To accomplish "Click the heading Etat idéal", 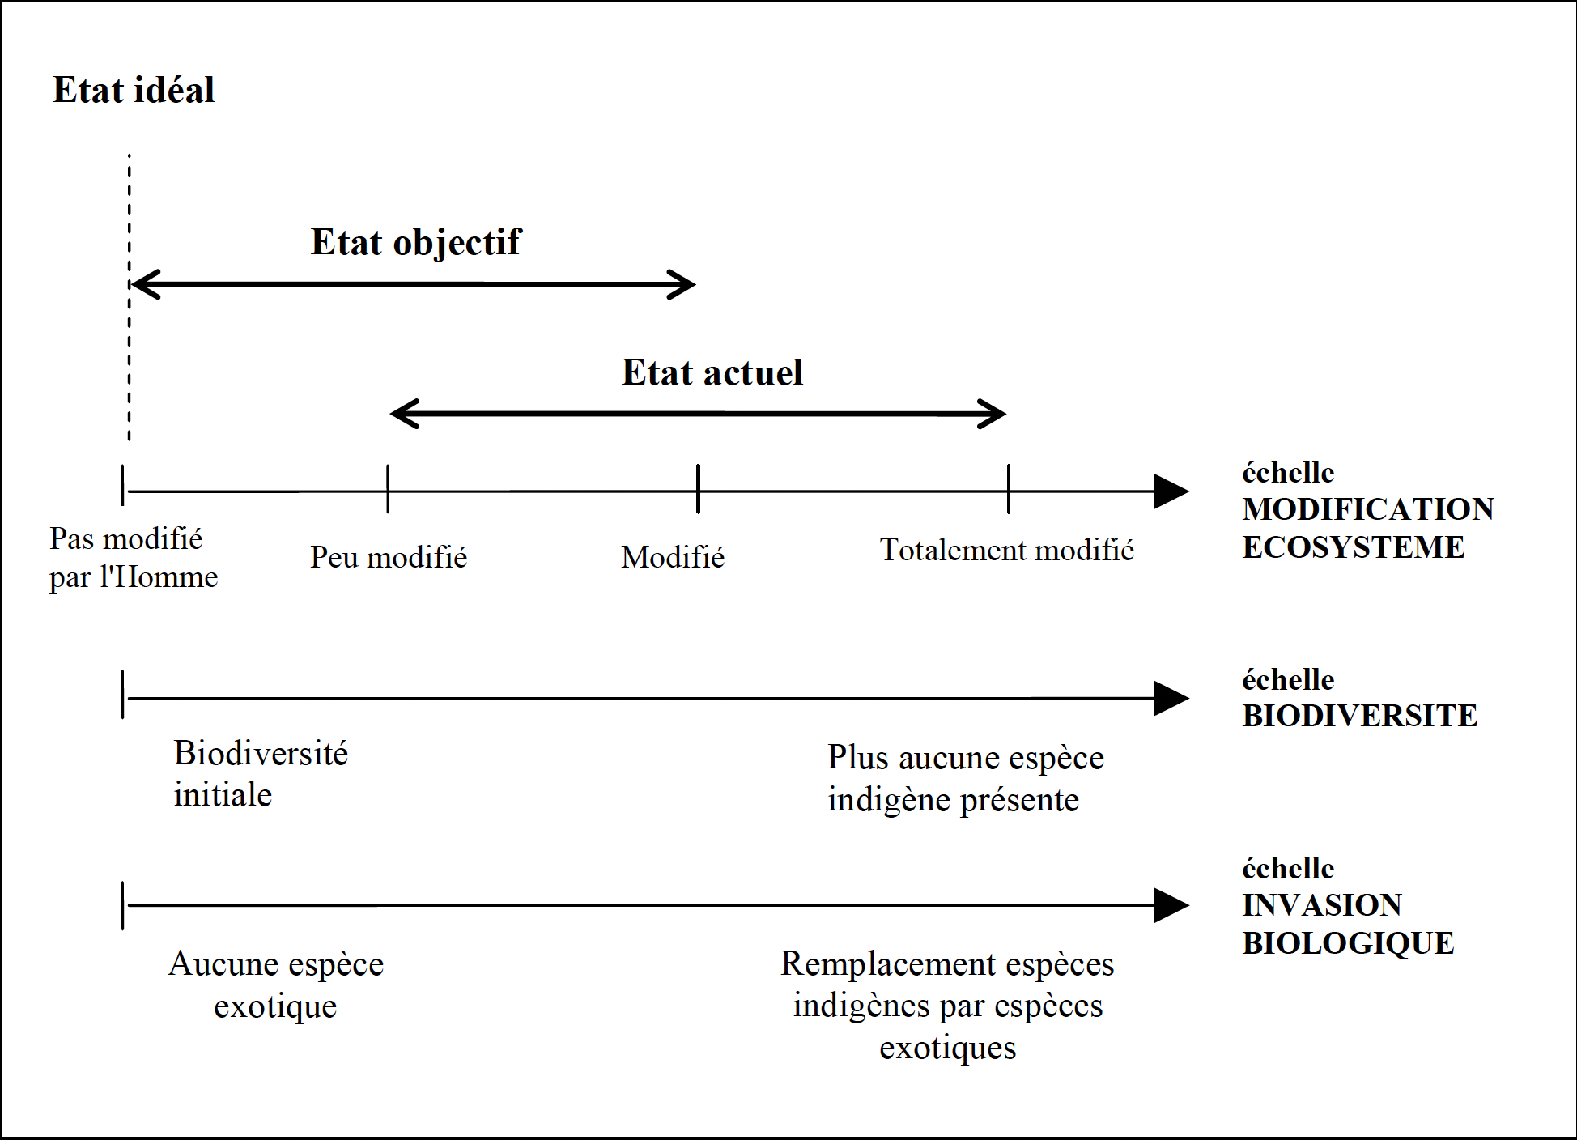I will point(134,90).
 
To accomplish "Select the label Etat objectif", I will point(416,242).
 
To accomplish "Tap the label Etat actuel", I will point(712,372).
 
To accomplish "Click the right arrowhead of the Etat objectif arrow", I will point(684,284).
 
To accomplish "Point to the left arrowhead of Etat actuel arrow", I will point(403,414).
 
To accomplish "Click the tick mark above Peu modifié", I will point(388,489).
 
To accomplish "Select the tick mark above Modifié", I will point(698,489).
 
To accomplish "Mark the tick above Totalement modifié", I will point(1009,489).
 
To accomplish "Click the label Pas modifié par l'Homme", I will point(133,558).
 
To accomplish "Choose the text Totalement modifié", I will point(1006,551).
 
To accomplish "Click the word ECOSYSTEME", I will point(1353,547).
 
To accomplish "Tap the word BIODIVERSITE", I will point(1359,716).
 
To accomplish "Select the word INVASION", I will point(1321,905).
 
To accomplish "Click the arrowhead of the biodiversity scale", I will point(1171,698).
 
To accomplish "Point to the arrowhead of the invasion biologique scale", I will point(1171,905).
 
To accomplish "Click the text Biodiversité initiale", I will point(260,774).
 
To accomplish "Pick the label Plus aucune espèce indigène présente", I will point(965,778).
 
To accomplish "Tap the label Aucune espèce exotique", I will point(276,985).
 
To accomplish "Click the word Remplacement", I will point(887,964).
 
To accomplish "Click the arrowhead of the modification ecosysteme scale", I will point(1171,491).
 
